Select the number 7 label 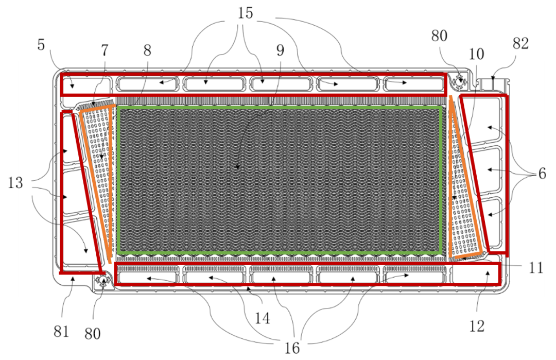point(105,50)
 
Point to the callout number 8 point(148,50)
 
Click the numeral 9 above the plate point(280,50)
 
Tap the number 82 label point(520,44)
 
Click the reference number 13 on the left point(16,183)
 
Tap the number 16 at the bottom point(291,348)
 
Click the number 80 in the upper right point(439,36)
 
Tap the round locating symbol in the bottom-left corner point(103,281)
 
